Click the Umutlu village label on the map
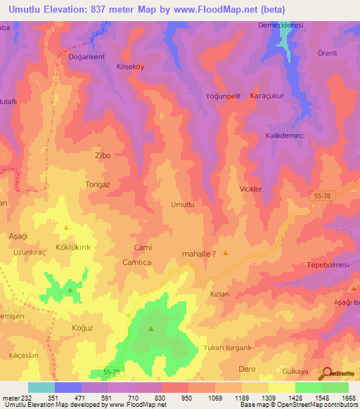(x=182, y=204)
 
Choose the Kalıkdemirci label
(x=284, y=135)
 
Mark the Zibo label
(x=103, y=155)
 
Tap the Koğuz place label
(x=82, y=327)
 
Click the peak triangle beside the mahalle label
(x=226, y=253)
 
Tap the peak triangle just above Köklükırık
(x=66, y=228)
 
